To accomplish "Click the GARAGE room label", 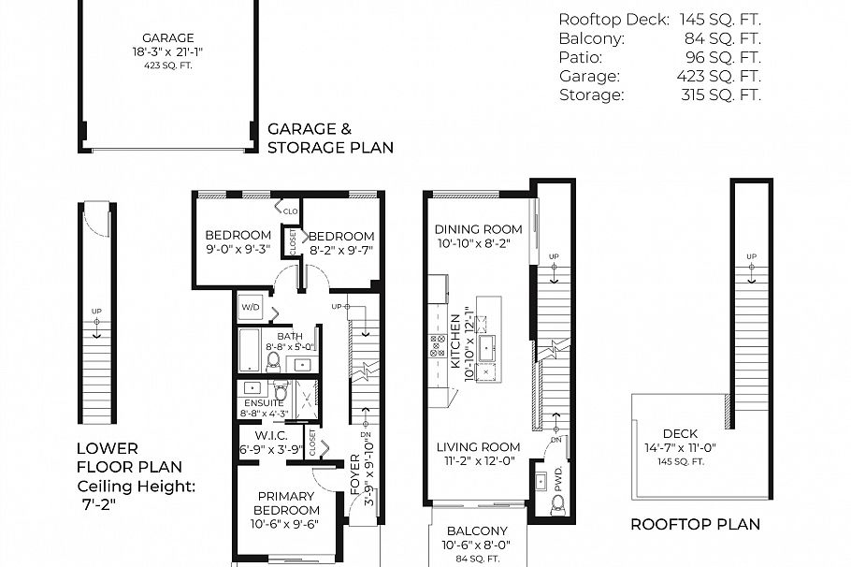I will point(167,38).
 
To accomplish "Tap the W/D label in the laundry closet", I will point(251,306).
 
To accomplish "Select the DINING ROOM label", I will point(479,229).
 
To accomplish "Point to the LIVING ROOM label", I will point(479,447).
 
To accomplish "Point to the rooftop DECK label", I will point(679,434).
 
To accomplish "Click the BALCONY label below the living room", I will point(476,531).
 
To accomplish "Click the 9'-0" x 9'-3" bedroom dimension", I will point(238,249).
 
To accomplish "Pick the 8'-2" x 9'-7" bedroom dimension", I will point(340,250).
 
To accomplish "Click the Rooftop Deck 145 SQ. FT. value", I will point(722,20).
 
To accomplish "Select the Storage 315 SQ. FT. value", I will point(722,94).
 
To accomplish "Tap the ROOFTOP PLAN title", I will point(695,524).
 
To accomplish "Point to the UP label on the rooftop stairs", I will point(750,257).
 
